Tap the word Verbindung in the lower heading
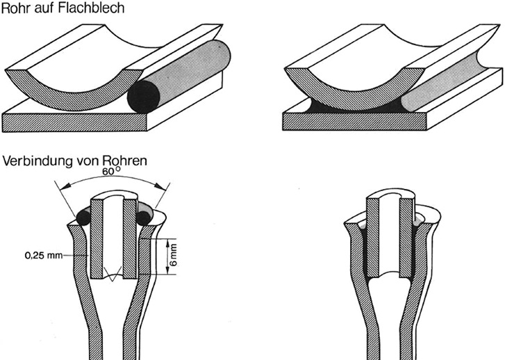coord(35,162)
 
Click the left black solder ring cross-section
coord(84,218)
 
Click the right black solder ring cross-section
coord(146,218)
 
